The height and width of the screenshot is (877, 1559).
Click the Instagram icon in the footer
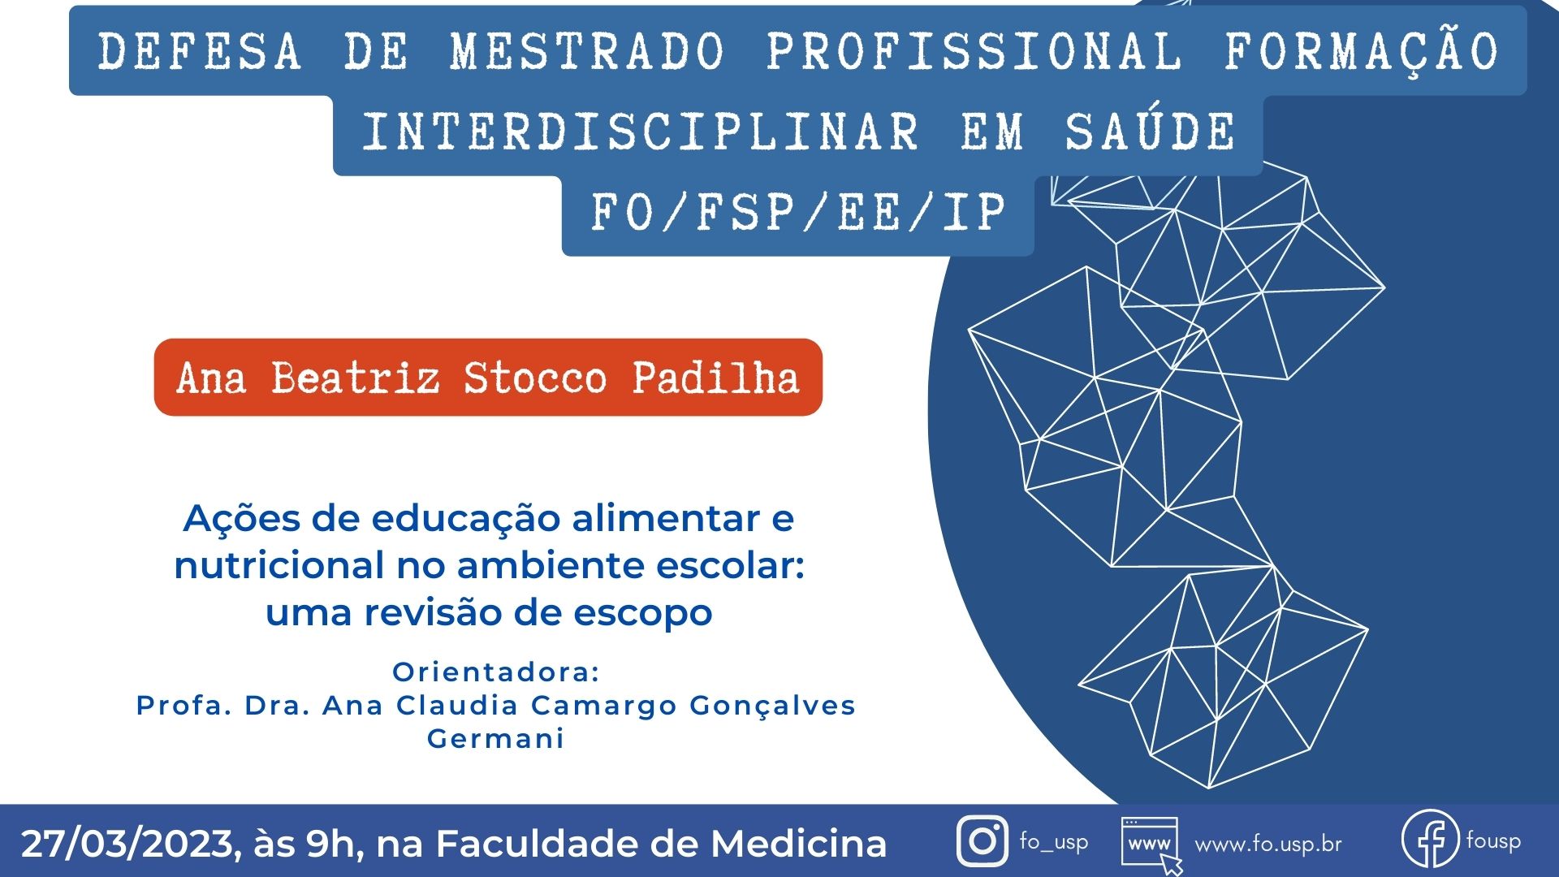pos(982,841)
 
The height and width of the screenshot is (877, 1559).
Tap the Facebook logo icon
pos(1431,840)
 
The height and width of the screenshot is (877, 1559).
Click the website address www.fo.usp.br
pos(1268,845)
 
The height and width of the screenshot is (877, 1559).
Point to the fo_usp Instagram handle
pos(1054,841)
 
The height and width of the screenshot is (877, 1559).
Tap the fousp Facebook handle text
pos(1493,840)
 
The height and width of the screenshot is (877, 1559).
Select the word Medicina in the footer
pos(799,843)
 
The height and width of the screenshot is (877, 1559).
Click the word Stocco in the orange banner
pos(535,378)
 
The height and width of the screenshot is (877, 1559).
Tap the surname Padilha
pos(716,378)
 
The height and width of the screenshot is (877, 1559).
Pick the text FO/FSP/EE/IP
pos(798,213)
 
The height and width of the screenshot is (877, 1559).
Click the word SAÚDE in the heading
pos(1150,132)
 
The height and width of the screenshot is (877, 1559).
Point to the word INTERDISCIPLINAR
pos(641,132)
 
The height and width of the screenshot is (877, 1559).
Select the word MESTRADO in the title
pos(587,51)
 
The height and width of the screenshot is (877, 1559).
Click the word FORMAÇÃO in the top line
pos(1361,51)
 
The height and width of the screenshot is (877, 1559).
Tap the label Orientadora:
pos(496,672)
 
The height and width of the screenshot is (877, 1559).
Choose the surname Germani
pos(495,739)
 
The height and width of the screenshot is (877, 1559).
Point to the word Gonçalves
pos(772,706)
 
